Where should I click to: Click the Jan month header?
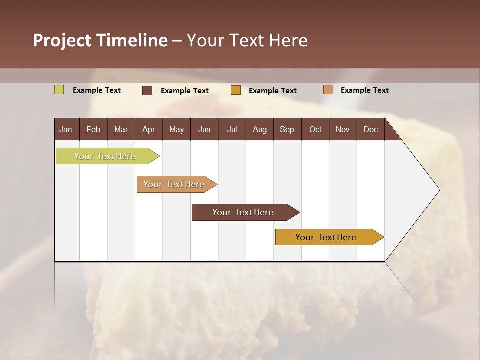tap(66, 129)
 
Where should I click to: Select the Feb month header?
tap(93, 129)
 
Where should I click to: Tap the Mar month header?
tap(121, 129)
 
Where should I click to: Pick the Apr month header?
tap(149, 129)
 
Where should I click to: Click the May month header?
tap(176, 129)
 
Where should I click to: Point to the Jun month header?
tap(204, 129)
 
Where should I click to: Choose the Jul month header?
tap(232, 129)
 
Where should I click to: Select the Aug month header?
tap(260, 129)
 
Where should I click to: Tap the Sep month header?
tap(287, 129)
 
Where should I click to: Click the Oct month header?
tap(315, 129)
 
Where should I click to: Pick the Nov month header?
tap(343, 129)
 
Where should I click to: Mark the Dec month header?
tap(371, 129)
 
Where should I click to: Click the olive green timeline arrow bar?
tap(105, 156)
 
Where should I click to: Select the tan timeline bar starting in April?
tap(174, 184)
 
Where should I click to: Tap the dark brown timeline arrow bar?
tap(243, 212)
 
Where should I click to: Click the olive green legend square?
tap(59, 90)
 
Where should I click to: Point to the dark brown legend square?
tap(147, 90)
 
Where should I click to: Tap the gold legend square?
tap(236, 90)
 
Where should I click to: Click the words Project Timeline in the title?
tap(100, 40)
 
